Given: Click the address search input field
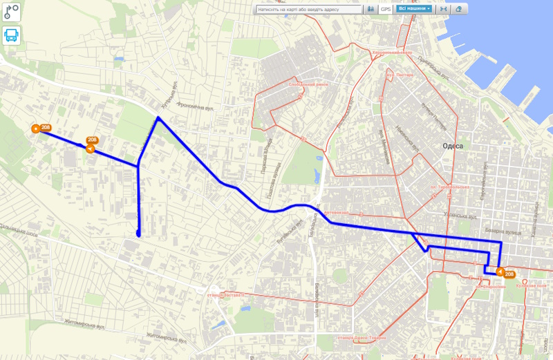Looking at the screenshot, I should [x=309, y=10].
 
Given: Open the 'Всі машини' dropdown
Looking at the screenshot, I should [x=415, y=10].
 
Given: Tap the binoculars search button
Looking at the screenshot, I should [x=371, y=10].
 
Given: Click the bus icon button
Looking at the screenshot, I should [x=11, y=35].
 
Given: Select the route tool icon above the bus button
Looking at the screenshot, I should [x=11, y=12].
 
